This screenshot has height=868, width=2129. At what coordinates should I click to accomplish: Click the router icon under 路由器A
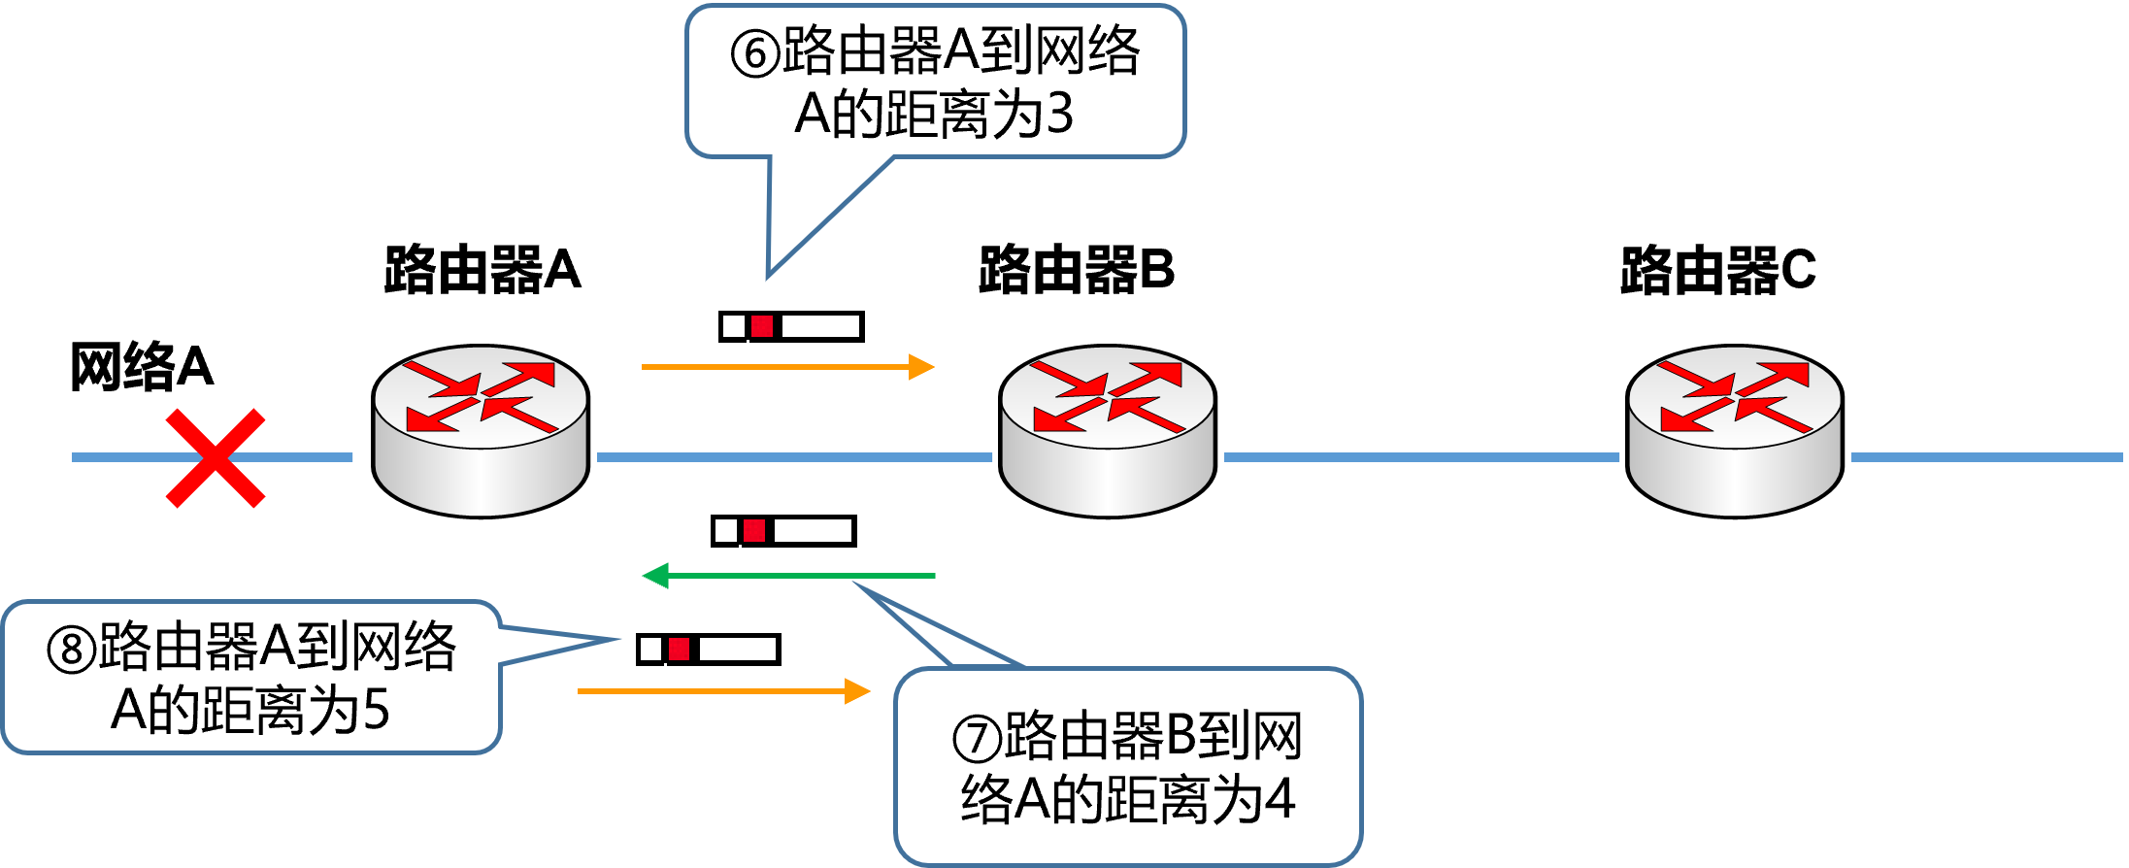coord(481,431)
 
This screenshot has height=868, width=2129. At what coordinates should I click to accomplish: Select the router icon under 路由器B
coord(1108,431)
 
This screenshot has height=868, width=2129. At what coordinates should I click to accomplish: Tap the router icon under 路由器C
coord(1735,431)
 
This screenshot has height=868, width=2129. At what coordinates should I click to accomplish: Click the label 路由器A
coord(482,269)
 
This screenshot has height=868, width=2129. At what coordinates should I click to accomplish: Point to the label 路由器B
coord(1077,269)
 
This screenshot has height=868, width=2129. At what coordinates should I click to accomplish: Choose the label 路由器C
coord(1718,269)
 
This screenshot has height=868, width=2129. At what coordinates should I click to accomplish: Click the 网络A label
coord(142,366)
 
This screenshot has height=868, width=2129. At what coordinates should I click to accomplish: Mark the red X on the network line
coord(216,458)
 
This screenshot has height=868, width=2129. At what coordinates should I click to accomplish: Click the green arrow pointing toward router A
coord(788,576)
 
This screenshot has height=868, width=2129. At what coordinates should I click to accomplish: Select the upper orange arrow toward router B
coord(788,367)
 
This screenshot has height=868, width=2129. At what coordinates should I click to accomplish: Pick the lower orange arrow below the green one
coord(724,691)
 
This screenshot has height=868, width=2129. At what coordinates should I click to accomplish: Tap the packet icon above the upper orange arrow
coord(791,326)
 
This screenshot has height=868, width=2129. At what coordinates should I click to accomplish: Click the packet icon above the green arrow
coord(783,531)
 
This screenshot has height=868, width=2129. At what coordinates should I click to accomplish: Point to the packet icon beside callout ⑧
coord(708,650)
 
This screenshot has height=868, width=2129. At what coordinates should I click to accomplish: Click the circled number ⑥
coord(755,53)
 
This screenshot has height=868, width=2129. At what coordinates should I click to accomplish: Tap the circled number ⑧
coord(72,650)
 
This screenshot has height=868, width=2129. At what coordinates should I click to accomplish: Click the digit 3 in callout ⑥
coord(1060,114)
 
